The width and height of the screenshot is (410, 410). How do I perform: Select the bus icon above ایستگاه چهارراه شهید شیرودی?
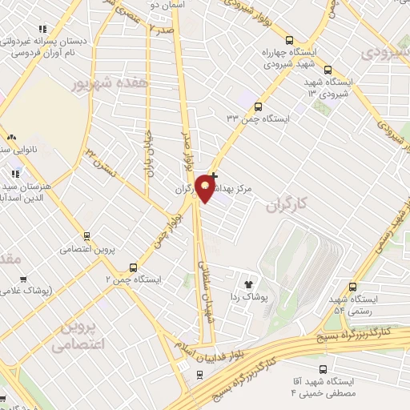(290, 40)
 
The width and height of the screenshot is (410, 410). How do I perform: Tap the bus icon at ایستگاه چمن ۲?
(134, 267)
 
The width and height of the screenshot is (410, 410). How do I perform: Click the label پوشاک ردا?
(247, 297)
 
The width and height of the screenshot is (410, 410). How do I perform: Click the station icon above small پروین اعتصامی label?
(86, 235)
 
